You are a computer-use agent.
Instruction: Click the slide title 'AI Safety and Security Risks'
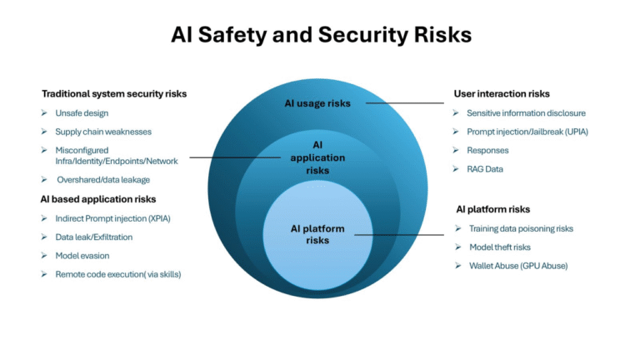pos(321,34)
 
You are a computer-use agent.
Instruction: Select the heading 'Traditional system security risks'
pos(114,94)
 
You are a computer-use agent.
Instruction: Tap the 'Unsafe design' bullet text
pos(82,113)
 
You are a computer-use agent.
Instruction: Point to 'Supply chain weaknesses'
pos(103,132)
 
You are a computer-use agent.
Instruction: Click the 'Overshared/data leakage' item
pos(103,180)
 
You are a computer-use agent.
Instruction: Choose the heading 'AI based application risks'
pos(98,199)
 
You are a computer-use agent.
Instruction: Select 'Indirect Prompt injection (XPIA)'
pos(113,218)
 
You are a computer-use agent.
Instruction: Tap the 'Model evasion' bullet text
pos(82,256)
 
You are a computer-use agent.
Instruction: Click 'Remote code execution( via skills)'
pos(118,274)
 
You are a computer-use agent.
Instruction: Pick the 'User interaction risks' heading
pos(502,94)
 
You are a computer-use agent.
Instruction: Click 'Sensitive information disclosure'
pos(526,113)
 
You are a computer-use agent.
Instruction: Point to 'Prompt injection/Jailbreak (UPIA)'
pos(527,132)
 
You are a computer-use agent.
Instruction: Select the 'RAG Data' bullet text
pos(485,169)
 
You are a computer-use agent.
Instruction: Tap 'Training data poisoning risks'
pos(521,228)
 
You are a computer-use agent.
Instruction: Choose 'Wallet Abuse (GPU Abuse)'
pos(518,266)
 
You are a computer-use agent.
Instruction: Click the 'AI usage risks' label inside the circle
pos(317,103)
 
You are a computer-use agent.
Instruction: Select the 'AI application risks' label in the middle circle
pos(317,157)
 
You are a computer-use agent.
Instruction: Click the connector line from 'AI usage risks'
pos(405,102)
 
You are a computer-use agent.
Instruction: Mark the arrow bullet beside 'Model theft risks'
pos(458,247)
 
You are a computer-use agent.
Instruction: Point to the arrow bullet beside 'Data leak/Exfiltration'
pos(44,237)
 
